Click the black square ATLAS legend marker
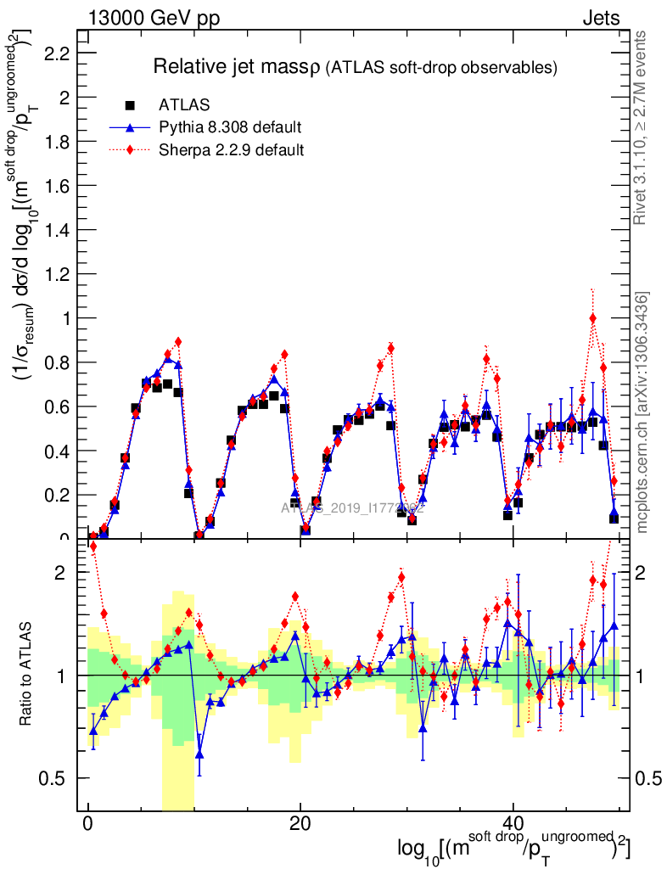[130, 105]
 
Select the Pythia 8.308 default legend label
[229, 128]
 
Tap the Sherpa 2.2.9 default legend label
[232, 150]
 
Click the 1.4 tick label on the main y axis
[58, 230]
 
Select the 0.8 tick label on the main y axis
[58, 362]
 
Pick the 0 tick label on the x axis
[87, 823]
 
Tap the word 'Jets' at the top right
[600, 18]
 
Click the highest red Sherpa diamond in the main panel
[592, 318]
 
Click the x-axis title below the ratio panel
[513, 848]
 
